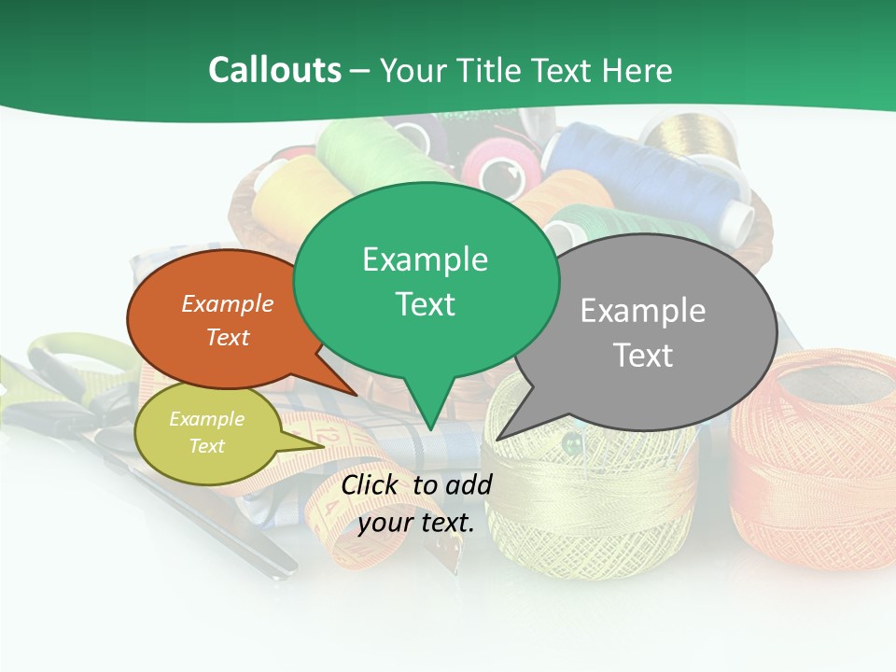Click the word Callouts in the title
tap(274, 70)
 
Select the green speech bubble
tap(425, 280)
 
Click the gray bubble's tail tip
tap(498, 438)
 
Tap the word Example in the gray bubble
tap(642, 311)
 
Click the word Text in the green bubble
tap(425, 304)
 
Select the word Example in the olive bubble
tap(206, 419)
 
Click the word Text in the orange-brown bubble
tap(228, 338)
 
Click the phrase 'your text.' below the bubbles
tap(415, 523)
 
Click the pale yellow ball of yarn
tap(597, 495)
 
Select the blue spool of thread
tap(653, 173)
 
